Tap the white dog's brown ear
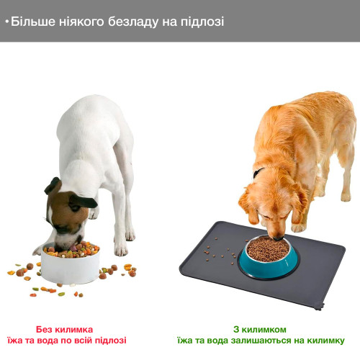pos(53,185)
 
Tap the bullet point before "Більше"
pos(6,22)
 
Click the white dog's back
pos(101,115)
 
